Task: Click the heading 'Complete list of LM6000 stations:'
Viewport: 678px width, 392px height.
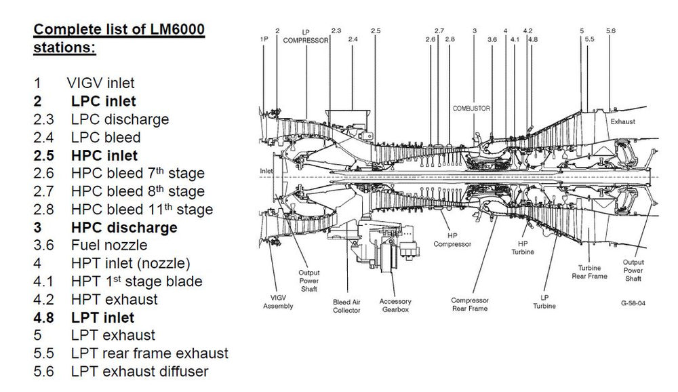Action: [119, 39]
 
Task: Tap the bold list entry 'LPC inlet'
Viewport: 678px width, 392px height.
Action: [103, 101]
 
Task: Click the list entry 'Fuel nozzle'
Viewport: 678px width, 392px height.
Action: [108, 245]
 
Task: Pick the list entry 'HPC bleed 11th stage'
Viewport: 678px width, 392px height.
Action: [142, 210]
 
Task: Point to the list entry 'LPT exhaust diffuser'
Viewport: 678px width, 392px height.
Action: [139, 371]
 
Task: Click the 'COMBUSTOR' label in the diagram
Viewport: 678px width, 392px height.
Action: [471, 109]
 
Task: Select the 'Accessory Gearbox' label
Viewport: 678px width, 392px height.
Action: [395, 305]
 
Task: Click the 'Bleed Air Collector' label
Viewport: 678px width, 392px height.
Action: [346, 305]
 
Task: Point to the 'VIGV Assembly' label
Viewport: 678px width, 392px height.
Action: [278, 302]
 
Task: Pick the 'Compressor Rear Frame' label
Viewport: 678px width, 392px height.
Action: [469, 304]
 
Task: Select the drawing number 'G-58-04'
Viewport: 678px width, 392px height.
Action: [632, 303]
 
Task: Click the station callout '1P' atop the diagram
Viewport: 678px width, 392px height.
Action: [264, 39]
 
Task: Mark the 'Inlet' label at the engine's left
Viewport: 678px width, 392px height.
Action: [266, 171]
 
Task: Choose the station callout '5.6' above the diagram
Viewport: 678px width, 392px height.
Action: [610, 31]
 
